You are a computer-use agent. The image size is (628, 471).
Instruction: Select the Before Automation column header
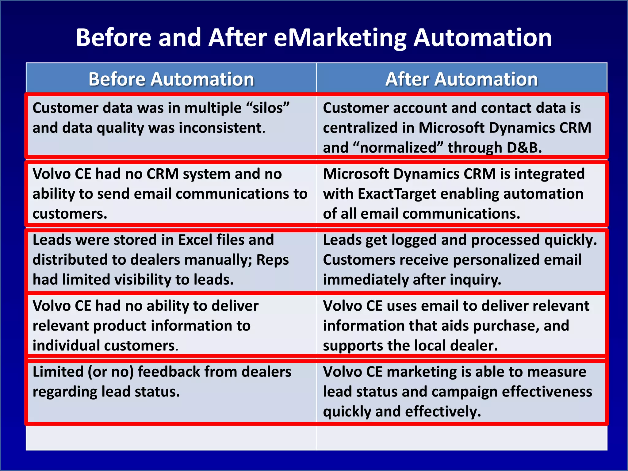(x=171, y=79)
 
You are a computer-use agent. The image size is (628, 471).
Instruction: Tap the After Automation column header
(x=461, y=79)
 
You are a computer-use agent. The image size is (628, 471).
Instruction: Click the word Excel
(x=195, y=240)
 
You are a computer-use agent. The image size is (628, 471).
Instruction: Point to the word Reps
(x=273, y=260)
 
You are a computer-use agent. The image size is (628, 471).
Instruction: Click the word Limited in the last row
(x=58, y=372)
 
